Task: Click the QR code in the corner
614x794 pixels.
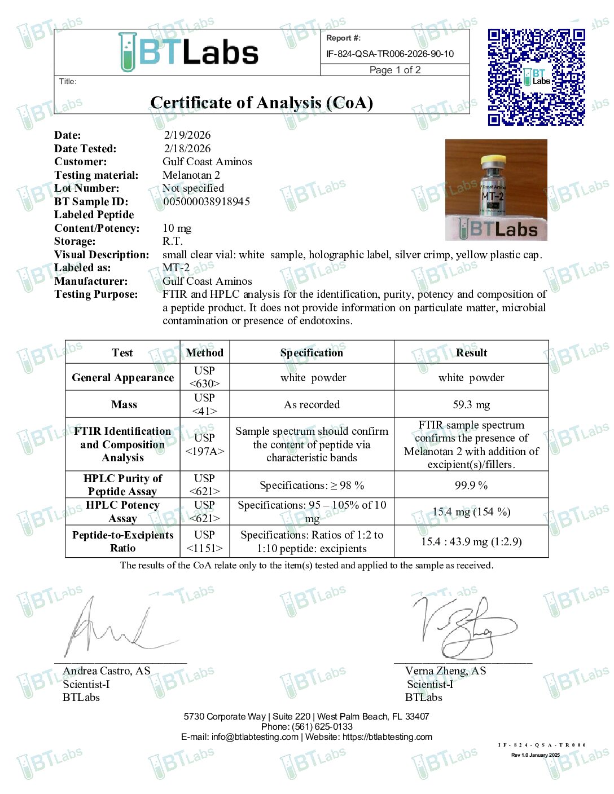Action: (x=536, y=77)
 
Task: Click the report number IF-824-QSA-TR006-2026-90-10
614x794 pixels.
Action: (x=390, y=54)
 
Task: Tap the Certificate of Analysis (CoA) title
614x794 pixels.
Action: (x=261, y=103)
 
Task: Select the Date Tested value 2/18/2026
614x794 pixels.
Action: (x=187, y=148)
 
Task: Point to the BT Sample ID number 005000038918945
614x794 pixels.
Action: (x=207, y=201)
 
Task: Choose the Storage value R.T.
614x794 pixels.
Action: (x=172, y=241)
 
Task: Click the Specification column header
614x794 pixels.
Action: (x=312, y=353)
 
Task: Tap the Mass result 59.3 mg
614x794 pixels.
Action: (x=471, y=404)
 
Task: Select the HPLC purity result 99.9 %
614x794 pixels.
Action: (x=471, y=485)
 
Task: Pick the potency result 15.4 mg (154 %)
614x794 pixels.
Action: (x=471, y=512)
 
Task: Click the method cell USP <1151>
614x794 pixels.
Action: (x=204, y=541)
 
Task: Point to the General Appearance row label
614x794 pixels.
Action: (x=122, y=378)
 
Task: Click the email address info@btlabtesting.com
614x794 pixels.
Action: (x=255, y=737)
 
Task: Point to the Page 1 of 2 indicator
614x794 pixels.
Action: (x=395, y=70)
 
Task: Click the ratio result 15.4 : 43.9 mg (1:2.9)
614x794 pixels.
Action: (x=471, y=542)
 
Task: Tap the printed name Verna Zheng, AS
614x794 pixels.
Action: (x=445, y=671)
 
